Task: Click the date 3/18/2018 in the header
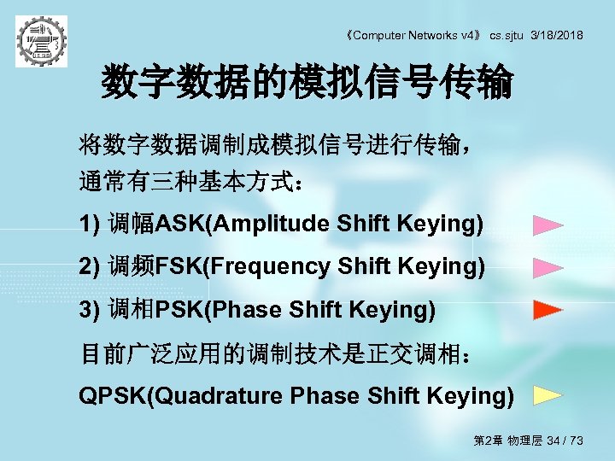pos(557,35)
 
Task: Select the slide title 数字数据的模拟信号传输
pos(307,84)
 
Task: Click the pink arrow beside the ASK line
pos(548,226)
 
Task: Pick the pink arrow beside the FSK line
pos(548,268)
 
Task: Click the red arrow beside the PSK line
pos(548,309)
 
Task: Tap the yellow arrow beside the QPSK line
pos(548,395)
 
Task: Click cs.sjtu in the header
pos(507,35)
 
